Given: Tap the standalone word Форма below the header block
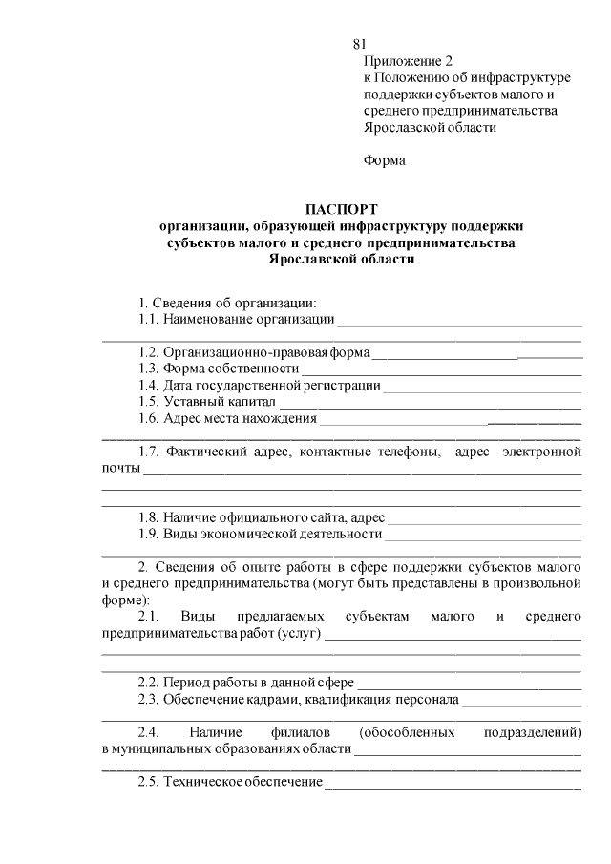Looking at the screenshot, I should pos(385,160).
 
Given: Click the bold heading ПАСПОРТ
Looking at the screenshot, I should pos(342,208).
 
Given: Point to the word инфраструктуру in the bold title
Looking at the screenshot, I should pos(390,225).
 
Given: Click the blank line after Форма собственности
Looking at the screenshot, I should pos(441,369).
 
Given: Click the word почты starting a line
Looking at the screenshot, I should pos(120,469).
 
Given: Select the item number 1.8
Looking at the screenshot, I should pos(148,517).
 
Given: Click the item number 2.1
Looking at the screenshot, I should pos(150,617).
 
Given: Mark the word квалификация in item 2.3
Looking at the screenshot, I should pos(347,700).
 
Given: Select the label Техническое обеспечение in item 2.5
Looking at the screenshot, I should pos(242,782).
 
